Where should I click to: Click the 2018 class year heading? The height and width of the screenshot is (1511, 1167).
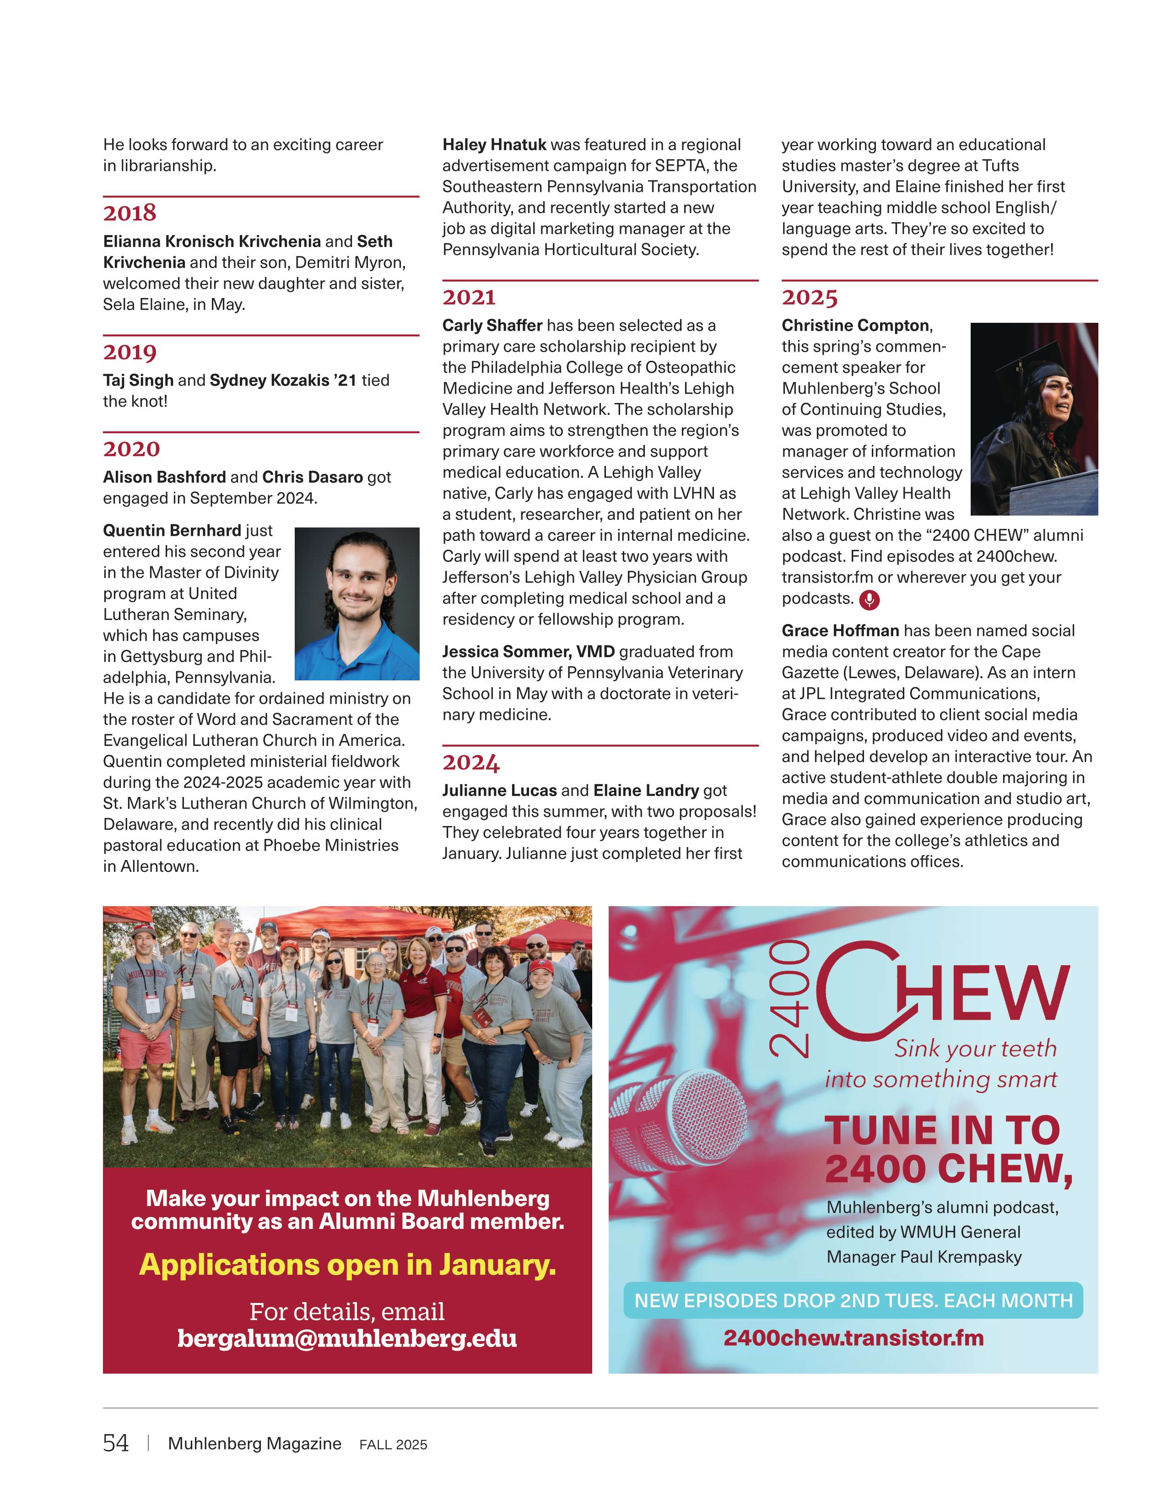(x=130, y=213)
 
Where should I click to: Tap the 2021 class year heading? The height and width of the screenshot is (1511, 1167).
(x=470, y=298)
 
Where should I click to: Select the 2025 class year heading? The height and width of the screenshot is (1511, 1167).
(x=810, y=298)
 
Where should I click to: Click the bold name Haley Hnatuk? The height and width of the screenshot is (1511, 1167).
(x=494, y=145)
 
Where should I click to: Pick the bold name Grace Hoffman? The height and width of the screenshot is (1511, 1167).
(x=840, y=630)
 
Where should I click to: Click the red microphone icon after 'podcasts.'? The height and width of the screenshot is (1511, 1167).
(x=869, y=600)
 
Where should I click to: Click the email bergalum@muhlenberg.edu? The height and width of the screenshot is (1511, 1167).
(x=347, y=1338)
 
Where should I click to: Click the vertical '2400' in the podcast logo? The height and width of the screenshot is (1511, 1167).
(x=789, y=999)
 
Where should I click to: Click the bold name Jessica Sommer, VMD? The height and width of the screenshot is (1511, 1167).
(x=528, y=652)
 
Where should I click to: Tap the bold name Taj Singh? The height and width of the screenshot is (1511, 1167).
(x=138, y=380)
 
